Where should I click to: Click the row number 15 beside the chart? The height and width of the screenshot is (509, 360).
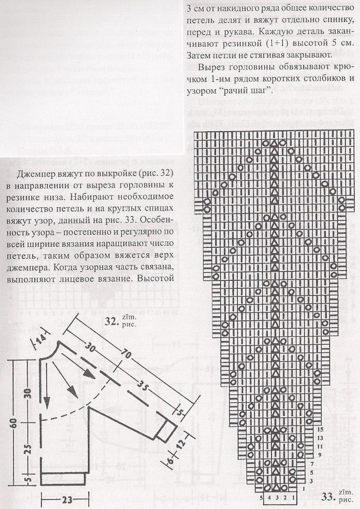321,430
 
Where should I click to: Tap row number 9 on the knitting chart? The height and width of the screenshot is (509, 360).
321,455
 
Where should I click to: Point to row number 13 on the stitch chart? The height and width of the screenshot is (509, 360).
321,438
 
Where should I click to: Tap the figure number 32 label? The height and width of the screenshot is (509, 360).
111,321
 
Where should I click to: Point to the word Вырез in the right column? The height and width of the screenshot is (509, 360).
213,67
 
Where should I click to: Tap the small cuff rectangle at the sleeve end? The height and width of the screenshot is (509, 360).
167,428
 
